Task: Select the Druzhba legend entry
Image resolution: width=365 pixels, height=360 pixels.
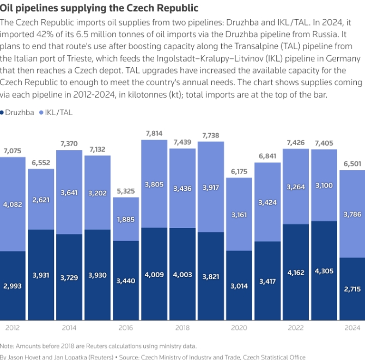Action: tap(20, 112)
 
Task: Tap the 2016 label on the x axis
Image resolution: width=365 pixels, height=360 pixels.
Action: tap(125, 328)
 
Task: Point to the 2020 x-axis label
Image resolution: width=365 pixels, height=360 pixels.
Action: tap(239, 328)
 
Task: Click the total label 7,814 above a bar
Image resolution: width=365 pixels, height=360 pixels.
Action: tap(154, 133)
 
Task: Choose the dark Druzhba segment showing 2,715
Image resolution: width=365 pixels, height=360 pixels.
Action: tap(352, 289)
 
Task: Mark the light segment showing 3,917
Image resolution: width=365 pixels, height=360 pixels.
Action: tap(210, 187)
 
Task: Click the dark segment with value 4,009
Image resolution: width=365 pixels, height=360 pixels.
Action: tap(154, 274)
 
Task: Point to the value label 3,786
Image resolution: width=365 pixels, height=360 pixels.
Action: tap(352, 214)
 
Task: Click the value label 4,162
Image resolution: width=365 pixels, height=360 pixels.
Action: tap(295, 271)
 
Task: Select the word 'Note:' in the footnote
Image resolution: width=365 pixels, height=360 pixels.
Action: tap(8, 346)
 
